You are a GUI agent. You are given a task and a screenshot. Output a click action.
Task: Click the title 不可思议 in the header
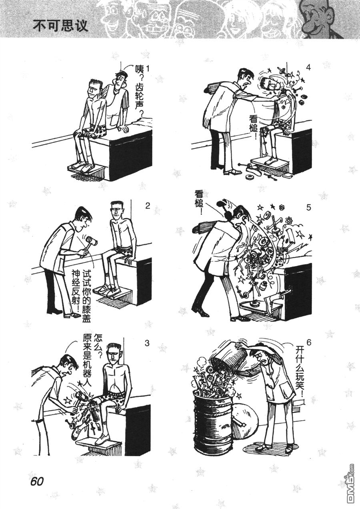coord(60,26)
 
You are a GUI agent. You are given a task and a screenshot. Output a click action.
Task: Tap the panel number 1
coord(148,68)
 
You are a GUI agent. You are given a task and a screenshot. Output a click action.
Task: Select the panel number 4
coord(308,68)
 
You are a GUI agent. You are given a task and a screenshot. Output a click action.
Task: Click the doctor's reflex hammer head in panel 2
coord(92,240)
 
